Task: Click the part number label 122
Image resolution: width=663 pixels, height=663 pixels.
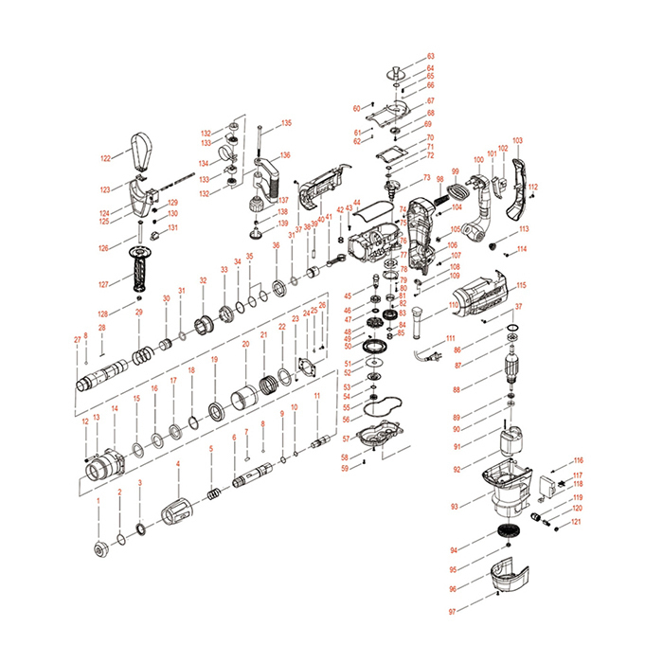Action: coord(106,157)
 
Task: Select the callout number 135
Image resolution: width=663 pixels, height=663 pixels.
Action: coord(286,123)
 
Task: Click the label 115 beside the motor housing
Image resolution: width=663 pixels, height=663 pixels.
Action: coord(521,284)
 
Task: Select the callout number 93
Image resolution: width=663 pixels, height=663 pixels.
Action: coord(454,507)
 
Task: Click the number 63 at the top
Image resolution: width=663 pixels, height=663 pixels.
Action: coord(430,57)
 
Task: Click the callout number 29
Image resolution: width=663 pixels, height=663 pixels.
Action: coord(138,312)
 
